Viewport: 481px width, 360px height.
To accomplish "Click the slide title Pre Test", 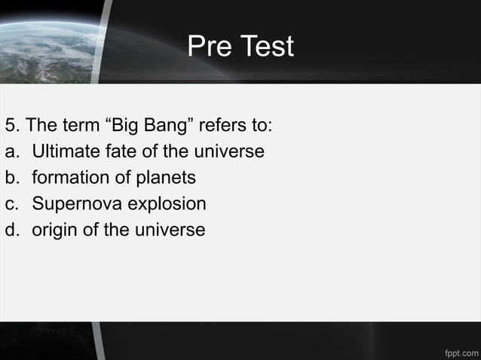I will [x=240, y=47].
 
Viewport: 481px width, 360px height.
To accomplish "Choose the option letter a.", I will [x=11, y=152].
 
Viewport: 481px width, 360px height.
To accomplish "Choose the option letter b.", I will [x=11, y=178].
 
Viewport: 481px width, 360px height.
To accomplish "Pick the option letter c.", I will [x=11, y=204].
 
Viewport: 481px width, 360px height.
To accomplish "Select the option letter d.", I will [x=11, y=230].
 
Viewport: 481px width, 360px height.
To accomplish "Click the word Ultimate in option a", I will [x=65, y=151].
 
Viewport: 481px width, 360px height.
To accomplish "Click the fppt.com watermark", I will [x=461, y=351].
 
